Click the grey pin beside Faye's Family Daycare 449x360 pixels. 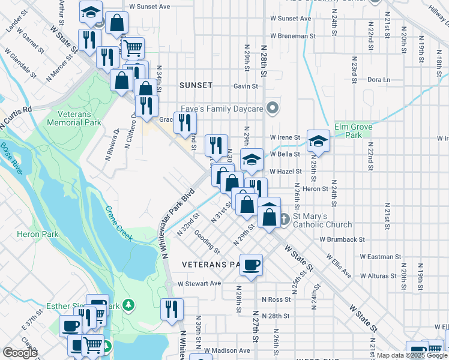coord(273,109)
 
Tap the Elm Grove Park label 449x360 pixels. coord(354,131)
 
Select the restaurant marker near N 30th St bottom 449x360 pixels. coord(172,309)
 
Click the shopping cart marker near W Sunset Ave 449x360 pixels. coord(133,46)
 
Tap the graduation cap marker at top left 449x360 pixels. coord(91,11)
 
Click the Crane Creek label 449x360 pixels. coord(119,223)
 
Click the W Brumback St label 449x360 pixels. coord(342,239)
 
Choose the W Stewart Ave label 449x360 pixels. coord(200,283)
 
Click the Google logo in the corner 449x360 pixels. coord(20,353)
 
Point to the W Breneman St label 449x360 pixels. coord(293,36)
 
